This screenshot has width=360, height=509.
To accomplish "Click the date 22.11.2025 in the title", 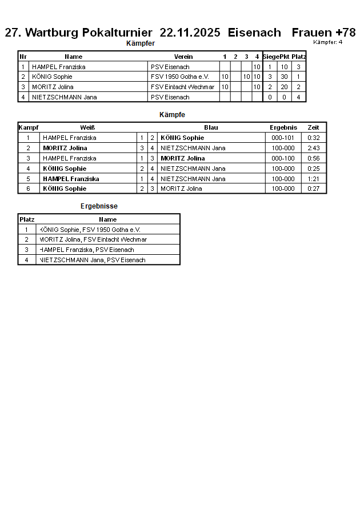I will coord(190,33).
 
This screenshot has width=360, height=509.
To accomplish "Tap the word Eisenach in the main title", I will coord(254,33).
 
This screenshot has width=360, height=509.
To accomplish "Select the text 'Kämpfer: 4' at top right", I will coord(328,42).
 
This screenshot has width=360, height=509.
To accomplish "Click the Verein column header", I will coord(183,57).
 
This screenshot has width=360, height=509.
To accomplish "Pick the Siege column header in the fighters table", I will coord(270,57).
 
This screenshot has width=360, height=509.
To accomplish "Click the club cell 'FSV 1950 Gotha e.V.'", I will coord(180,77).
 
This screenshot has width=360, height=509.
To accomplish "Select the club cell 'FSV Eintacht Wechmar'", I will coord(183,87).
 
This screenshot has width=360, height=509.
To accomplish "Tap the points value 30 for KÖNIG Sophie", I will coord(284,77).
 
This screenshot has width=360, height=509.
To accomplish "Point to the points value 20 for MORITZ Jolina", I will coord(284,87).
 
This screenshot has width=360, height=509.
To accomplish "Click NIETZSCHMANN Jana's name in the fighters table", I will coord(64,97).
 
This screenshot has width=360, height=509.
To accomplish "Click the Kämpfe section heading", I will coord(172,115).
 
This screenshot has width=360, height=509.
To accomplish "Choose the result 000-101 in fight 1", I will coord(283,138).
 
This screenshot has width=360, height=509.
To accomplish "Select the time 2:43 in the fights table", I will coord(313,148).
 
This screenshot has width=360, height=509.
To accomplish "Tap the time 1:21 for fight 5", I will coord(313,179).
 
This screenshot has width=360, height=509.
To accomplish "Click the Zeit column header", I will coord(313,127).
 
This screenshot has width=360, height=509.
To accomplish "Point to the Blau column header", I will coord(211,127).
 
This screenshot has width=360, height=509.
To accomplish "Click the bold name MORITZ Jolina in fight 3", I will coord(183,158).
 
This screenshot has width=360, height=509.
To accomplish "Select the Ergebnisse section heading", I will coord(99,206).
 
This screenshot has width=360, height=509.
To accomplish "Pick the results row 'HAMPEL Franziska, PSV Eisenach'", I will coord(87,250).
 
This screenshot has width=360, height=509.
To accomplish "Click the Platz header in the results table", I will coord(27,219).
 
